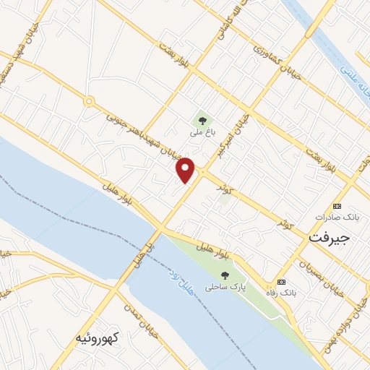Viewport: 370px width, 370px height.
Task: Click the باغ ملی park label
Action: point(202,133)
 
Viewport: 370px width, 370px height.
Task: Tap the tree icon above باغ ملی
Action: point(202,119)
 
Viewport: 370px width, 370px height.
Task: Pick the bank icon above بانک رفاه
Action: point(281,281)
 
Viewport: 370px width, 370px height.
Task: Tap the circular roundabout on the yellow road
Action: point(88,102)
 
